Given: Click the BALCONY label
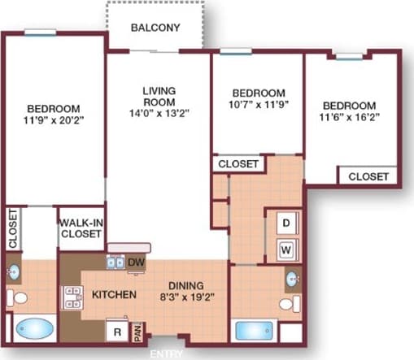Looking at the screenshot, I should tap(155, 27).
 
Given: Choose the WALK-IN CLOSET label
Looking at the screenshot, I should tap(80, 228).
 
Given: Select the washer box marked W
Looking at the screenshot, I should tap(286, 249).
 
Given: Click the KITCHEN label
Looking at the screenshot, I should tap(113, 294).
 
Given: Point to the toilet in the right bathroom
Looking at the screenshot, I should tap(286, 304).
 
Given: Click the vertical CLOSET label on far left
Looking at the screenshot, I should tap(12, 229).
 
